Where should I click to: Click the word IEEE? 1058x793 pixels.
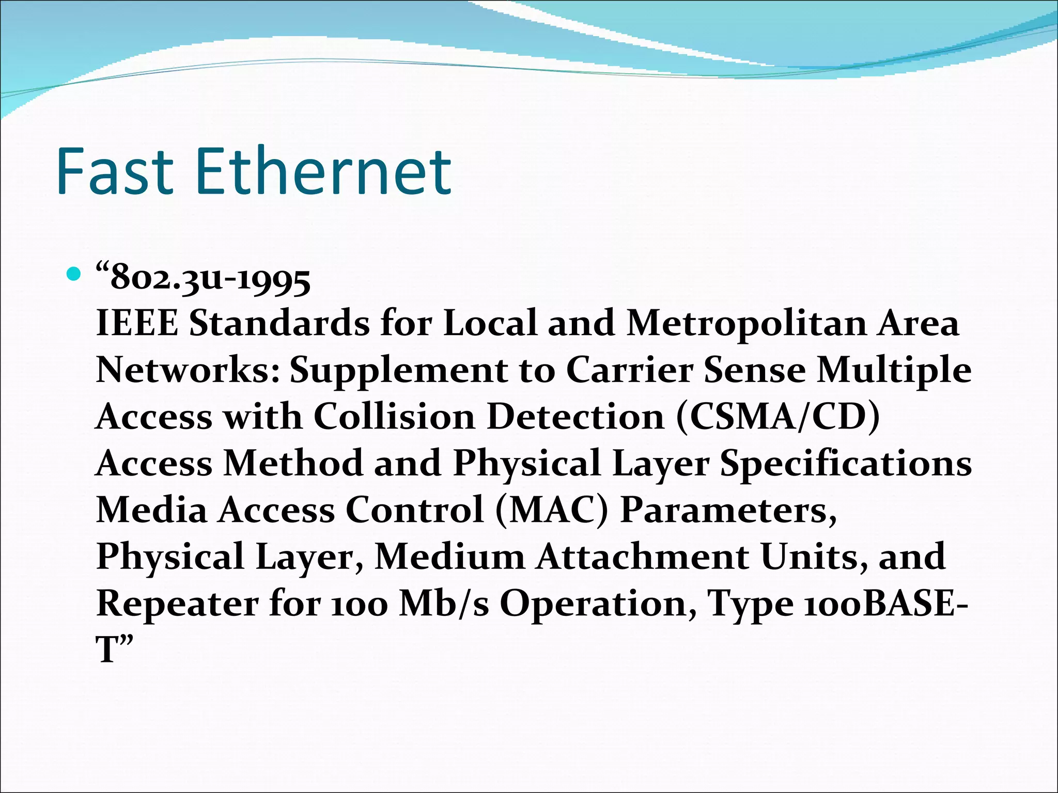pos(137,324)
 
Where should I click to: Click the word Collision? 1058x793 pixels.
pos(394,417)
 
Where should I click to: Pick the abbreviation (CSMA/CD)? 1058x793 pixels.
pos(778,417)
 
